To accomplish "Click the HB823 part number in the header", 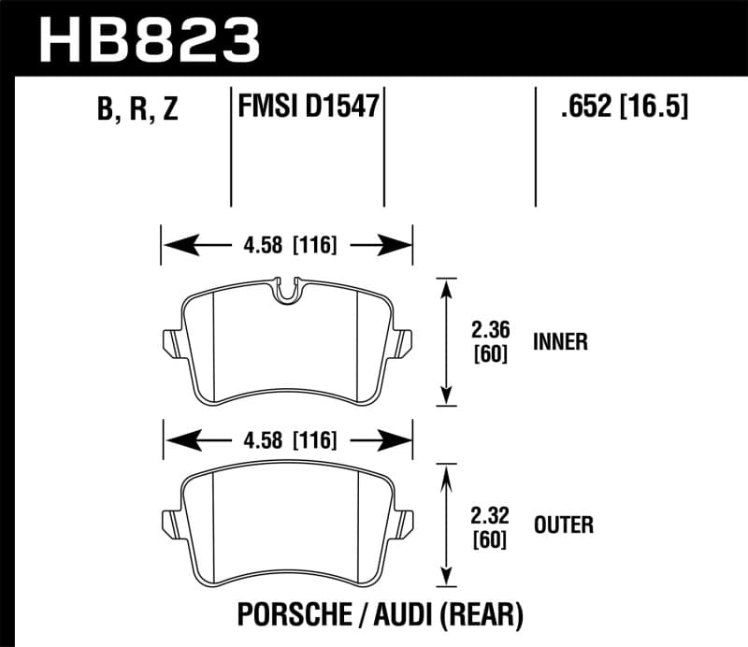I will pyautogui.click(x=150, y=39).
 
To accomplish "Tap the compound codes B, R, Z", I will pyautogui.click(x=137, y=109).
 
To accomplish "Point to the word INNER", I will pyautogui.click(x=560, y=342).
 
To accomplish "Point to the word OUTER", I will pyautogui.click(x=563, y=525).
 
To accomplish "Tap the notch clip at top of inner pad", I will pyautogui.click(x=289, y=289).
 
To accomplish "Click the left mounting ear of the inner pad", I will pyautogui.click(x=170, y=342).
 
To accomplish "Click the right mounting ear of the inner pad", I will pyautogui.click(x=404, y=342).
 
